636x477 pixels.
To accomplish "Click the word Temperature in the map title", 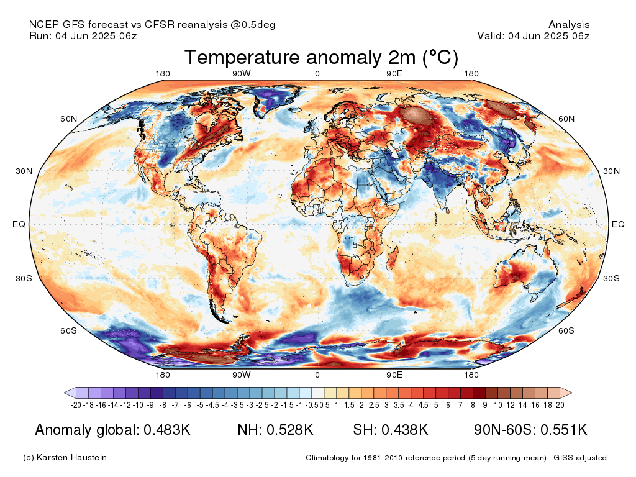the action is pos(242,58).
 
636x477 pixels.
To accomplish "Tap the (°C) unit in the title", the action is pos(440,58).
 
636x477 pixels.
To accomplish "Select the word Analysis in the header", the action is pos(569,25).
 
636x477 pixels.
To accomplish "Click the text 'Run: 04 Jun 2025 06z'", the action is pos(83,35).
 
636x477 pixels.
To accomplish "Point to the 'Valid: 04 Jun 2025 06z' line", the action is pos(534,35).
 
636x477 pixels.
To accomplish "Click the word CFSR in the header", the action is pos(160,25).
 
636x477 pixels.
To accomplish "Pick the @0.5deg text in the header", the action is pos(253,25).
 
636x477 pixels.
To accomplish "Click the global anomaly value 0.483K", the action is pos(167,430).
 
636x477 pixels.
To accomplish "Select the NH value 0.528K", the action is pos(290,430).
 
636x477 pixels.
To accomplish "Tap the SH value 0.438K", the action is pos(405,430).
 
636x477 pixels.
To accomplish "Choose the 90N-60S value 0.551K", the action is pos(564,430).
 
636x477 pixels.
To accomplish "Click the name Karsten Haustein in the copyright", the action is pos(71,458).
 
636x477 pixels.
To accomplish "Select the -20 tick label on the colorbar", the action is pos(76,405).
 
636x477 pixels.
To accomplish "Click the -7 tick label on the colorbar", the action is pos(175,405).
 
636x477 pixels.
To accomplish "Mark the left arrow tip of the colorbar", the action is pos(64,393).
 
